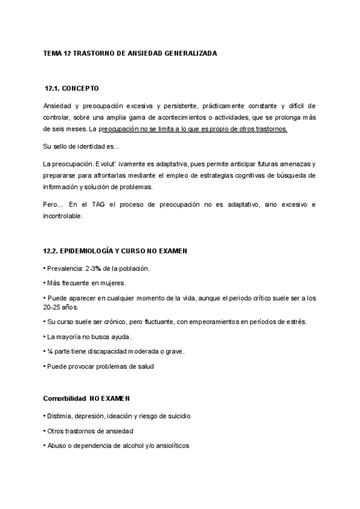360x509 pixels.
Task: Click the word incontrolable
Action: (67, 216)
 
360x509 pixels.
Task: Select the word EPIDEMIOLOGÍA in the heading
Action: (91, 250)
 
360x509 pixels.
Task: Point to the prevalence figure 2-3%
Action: (94, 268)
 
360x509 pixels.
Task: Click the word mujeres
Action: (112, 283)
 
